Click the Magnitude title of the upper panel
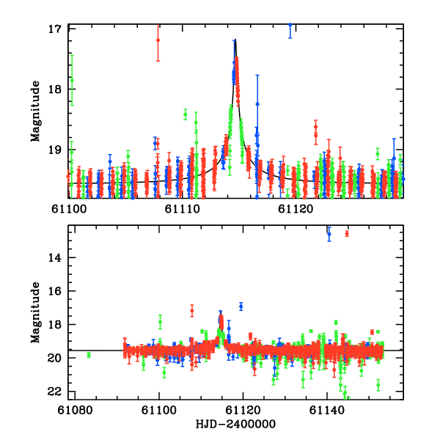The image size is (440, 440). [x=34, y=111]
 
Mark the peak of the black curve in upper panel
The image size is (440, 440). [x=235, y=41]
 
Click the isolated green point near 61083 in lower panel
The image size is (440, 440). [x=89, y=355]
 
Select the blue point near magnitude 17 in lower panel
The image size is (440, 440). [x=241, y=306]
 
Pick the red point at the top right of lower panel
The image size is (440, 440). [x=347, y=234]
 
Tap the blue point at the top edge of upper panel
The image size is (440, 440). [x=290, y=25]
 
